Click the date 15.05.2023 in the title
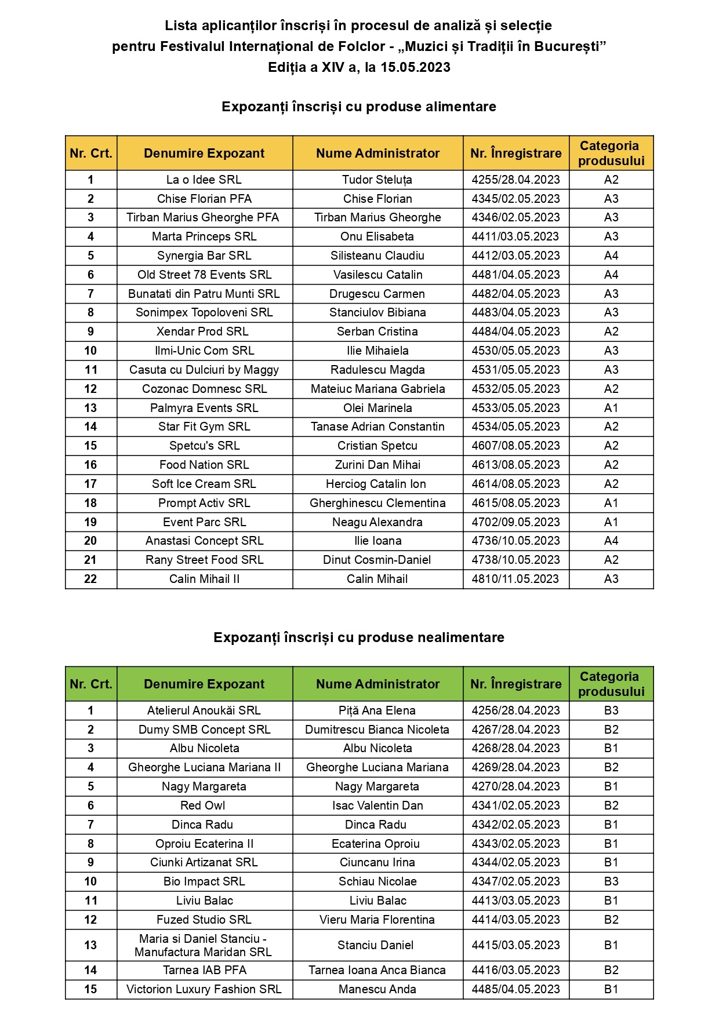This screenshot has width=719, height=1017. pyautogui.click(x=415, y=67)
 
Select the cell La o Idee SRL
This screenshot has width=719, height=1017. pyautogui.click(x=204, y=180)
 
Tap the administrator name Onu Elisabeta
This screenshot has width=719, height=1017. pyautogui.click(x=377, y=236)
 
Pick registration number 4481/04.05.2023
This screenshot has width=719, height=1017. pyautogui.click(x=515, y=275)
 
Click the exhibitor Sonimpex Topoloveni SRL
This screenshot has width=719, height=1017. pyautogui.click(x=204, y=312)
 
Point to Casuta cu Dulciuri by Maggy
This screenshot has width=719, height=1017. pyautogui.click(x=204, y=370)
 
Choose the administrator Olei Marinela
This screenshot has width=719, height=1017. pyautogui.click(x=377, y=408)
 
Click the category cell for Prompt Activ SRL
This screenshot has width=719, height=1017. pyautogui.click(x=611, y=503)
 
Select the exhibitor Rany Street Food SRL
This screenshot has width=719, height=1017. pyautogui.click(x=204, y=560)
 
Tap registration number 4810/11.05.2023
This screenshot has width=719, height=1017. pyautogui.click(x=515, y=579)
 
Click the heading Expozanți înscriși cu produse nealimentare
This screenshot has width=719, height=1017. pyautogui.click(x=359, y=637)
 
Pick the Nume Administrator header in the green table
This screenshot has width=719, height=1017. pyautogui.click(x=377, y=684)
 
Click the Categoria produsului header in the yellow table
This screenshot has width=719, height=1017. pyautogui.click(x=611, y=153)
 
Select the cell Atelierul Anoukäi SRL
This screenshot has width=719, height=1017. pyautogui.click(x=204, y=710)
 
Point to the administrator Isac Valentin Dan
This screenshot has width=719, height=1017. pyautogui.click(x=377, y=805)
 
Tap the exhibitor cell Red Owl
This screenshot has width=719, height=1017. pyautogui.click(x=203, y=805)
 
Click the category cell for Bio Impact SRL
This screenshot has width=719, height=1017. pyautogui.click(x=611, y=881)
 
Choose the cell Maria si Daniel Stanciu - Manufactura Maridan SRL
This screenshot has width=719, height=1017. pyautogui.click(x=203, y=945)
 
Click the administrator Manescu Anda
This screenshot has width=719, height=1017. pyautogui.click(x=377, y=989)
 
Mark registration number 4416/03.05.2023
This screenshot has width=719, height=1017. pyautogui.click(x=515, y=970)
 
